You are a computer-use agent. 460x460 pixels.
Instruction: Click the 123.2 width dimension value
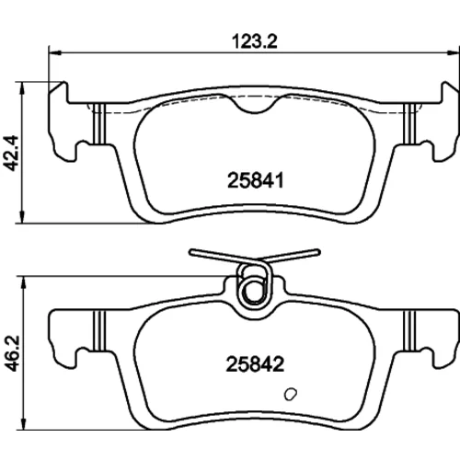pos(255,41)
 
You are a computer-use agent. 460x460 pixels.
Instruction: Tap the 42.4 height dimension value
pos(12,153)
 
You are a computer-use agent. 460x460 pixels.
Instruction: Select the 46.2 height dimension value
pos(12,353)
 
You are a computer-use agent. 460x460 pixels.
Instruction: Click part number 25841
pos(256,180)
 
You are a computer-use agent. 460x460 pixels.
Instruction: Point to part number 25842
pos(255,364)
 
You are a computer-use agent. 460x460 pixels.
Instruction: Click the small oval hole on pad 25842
pos(290,394)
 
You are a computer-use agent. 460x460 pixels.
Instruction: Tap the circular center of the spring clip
pos(254,291)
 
